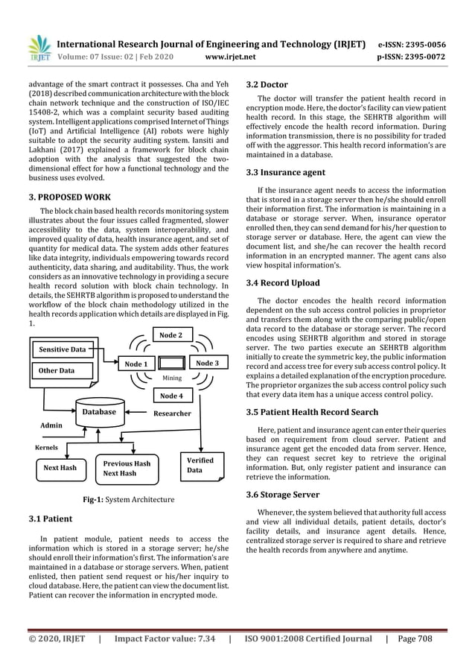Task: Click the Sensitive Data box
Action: click(x=62, y=349)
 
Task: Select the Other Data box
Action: click(x=62, y=370)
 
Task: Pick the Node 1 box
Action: click(x=136, y=364)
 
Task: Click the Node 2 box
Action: click(x=170, y=335)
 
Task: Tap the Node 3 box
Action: click(x=207, y=363)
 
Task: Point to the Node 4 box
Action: click(x=170, y=396)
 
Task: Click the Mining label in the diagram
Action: click(x=172, y=378)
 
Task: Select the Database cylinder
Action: click(x=99, y=412)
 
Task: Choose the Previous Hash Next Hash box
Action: click(x=126, y=468)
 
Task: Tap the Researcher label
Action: click(x=172, y=413)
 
